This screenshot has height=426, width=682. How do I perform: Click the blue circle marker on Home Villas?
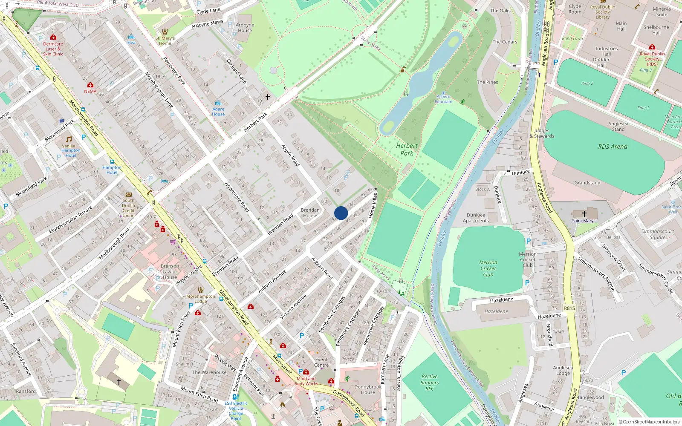click(341, 213)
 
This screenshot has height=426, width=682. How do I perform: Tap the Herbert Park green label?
click(407, 150)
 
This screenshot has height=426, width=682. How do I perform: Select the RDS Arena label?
click(613, 147)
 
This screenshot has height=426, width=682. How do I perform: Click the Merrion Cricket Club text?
click(488, 268)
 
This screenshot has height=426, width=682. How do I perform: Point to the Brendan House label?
click(310, 213)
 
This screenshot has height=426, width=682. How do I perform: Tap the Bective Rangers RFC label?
click(430, 383)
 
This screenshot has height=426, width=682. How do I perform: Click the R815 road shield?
click(569, 308)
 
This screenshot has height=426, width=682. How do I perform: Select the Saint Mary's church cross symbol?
click(584, 214)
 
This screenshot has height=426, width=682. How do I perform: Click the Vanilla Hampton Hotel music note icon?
click(69, 139)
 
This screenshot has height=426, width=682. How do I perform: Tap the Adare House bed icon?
click(218, 103)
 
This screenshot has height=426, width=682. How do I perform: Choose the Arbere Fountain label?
click(443, 99)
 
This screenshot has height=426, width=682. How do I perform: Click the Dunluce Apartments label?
click(476, 218)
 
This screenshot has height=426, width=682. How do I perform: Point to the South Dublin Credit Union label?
click(128, 208)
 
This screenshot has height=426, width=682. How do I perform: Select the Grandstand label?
click(587, 183)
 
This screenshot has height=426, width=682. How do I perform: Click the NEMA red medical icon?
click(90, 85)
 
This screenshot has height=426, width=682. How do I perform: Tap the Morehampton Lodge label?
click(201, 299)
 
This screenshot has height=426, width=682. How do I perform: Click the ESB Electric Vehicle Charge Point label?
click(236, 411)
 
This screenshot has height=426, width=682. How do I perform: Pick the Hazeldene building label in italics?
click(496, 311)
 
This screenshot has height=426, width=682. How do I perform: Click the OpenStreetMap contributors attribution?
click(649, 422)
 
